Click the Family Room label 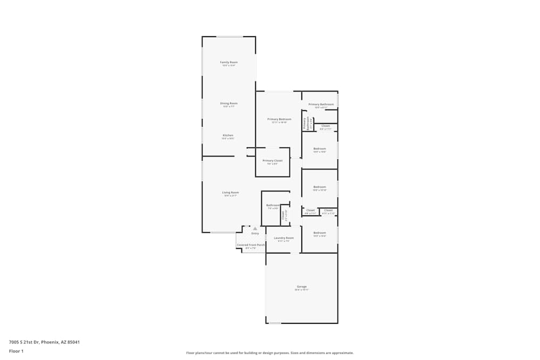tap(229, 62)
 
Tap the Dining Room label tap(229, 103)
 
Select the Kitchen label tap(228, 135)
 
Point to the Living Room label tap(231, 192)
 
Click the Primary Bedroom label tap(279, 119)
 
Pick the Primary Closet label tap(273, 160)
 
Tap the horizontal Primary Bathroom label tap(321, 104)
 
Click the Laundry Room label tap(283, 237)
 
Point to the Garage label tap(301, 287)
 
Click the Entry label tap(255, 233)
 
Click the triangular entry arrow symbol tap(255, 228)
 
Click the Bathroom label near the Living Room tap(273, 205)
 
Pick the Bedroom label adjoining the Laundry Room tap(320, 233)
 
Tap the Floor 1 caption tap(16, 351)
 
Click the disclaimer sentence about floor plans tap(269, 353)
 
